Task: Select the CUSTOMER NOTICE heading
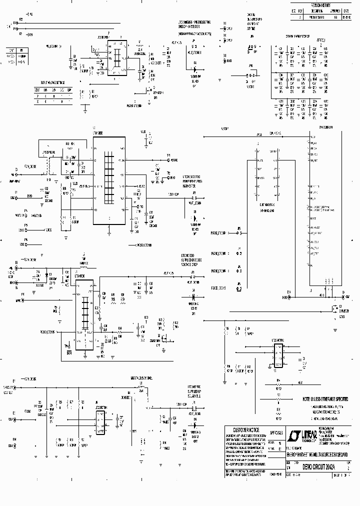(243, 429)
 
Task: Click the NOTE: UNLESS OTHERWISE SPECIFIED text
(325, 400)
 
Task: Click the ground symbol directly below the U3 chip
(109, 231)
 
